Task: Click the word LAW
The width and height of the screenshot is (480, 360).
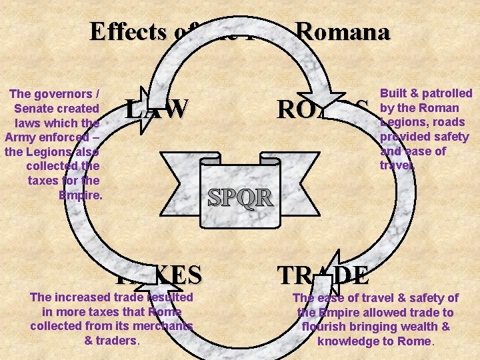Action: (x=157, y=109)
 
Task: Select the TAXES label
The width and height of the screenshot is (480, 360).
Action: (x=157, y=274)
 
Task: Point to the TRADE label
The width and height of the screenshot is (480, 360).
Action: (x=323, y=275)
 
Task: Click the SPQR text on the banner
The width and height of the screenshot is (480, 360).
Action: (x=239, y=197)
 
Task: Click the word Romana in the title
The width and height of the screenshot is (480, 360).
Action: (x=343, y=31)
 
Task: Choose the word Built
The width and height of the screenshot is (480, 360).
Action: (x=395, y=93)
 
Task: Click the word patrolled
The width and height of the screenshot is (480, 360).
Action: (x=447, y=93)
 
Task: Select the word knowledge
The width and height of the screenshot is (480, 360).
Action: (x=349, y=341)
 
